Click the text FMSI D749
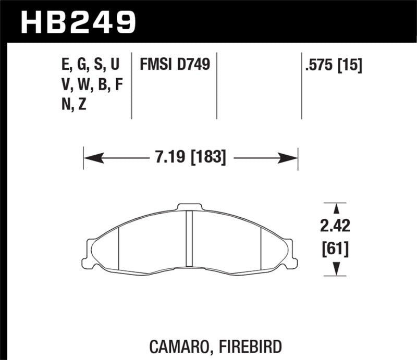pos(175,65)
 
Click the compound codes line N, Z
pos(73,104)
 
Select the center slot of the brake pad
pos(190,240)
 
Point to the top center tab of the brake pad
pos(190,207)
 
